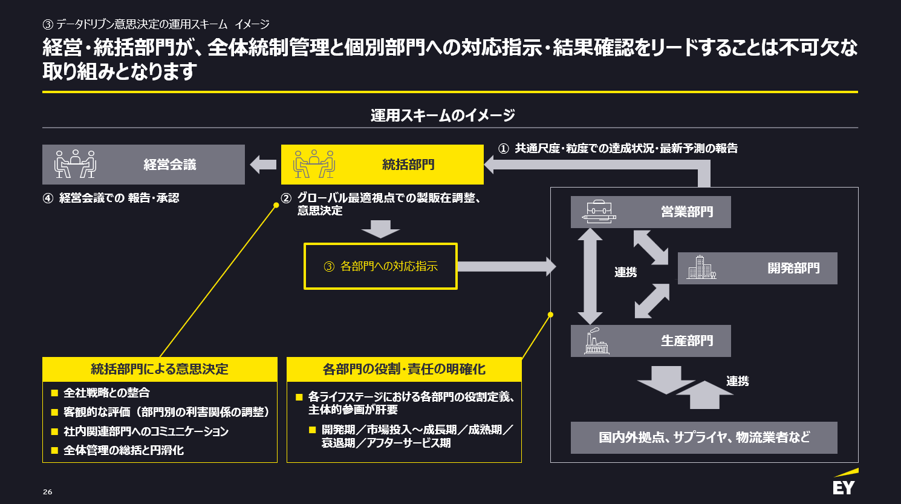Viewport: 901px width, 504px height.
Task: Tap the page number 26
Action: (x=48, y=492)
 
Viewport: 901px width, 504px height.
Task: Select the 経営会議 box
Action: (x=143, y=165)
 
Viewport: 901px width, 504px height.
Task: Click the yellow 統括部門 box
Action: (x=382, y=165)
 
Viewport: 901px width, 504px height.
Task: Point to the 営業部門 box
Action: (x=651, y=212)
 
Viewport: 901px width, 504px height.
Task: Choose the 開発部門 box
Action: (x=757, y=268)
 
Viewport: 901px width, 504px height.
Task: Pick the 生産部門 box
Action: (x=651, y=341)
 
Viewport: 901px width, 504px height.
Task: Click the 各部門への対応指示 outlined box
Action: (x=380, y=266)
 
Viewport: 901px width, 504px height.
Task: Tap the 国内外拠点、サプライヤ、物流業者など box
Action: (x=704, y=437)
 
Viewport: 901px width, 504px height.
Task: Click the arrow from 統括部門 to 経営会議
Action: (x=263, y=164)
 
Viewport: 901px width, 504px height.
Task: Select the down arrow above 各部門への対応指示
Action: (x=380, y=229)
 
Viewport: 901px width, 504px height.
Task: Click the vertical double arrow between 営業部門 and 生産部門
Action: (x=590, y=276)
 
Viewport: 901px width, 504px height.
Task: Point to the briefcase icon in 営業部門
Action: (x=599, y=212)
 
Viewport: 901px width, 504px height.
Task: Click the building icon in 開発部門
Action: (x=701, y=268)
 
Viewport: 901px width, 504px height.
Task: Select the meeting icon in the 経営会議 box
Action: (x=75, y=164)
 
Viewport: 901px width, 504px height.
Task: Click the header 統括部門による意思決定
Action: (x=160, y=369)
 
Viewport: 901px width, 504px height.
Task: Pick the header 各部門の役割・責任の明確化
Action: (x=404, y=369)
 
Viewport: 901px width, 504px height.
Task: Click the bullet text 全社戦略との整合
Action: (x=106, y=393)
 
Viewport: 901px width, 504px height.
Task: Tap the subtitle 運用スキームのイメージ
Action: (x=443, y=115)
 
